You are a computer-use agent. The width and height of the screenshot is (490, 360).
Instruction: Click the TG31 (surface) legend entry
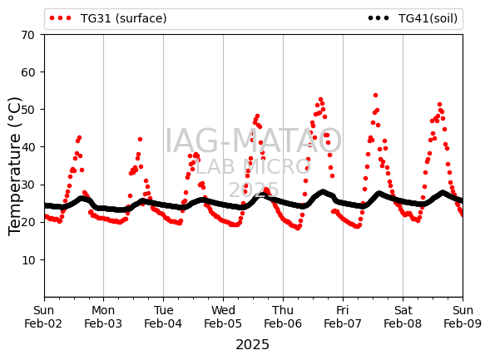[x=108, y=18]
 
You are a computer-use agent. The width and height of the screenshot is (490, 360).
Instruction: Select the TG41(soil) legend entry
[x=413, y=18]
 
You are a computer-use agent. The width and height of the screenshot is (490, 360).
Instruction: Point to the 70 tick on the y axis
[x=27, y=35]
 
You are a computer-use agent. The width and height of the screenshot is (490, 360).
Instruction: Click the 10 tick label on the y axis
[x=27, y=260]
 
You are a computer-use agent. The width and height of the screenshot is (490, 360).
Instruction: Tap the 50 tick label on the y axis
[x=27, y=110]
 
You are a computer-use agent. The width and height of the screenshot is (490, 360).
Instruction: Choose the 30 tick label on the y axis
[x=27, y=185]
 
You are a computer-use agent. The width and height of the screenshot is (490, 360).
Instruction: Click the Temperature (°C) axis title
[x=14, y=166]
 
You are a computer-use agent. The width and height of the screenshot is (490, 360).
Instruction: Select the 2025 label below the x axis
[x=253, y=345]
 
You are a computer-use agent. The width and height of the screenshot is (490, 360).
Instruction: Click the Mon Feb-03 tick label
[x=103, y=317]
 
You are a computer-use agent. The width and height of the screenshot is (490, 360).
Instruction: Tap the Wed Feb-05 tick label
[x=223, y=317]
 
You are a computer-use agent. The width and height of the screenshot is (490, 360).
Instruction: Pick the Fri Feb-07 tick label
[x=343, y=317]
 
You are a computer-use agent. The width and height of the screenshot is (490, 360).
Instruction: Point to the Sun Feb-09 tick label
[x=463, y=317]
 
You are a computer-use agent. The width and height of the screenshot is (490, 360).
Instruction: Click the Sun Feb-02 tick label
[x=43, y=317]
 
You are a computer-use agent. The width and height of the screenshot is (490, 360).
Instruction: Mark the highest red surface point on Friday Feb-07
[x=376, y=96]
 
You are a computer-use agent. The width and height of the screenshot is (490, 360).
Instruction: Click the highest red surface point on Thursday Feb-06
[x=320, y=100]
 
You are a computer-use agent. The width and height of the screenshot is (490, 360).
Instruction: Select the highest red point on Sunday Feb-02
[x=79, y=138]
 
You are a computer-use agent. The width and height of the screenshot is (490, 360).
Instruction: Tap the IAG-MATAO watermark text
[x=253, y=141]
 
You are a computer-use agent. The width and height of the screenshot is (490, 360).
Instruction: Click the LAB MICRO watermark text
[x=253, y=167]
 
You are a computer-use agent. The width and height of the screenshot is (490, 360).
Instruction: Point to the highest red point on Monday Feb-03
[x=140, y=139]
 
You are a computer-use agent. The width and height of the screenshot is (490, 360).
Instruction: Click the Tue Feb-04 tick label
[x=163, y=317]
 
